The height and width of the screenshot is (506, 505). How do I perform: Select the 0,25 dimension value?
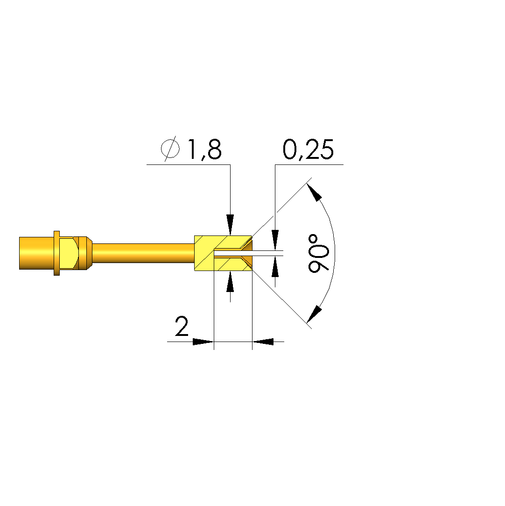click(308, 150)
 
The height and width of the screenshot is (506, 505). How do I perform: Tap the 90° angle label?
click(318, 253)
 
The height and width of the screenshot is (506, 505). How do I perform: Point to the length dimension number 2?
click(182, 326)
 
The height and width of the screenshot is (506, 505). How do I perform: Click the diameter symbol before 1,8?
click(170, 149)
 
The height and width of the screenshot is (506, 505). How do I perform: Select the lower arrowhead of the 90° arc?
click(314, 314)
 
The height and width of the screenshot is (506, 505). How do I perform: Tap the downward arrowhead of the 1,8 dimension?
click(230, 225)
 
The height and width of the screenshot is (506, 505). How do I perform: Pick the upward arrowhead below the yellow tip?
click(230, 281)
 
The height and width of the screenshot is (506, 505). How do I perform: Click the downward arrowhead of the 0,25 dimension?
click(275, 240)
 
